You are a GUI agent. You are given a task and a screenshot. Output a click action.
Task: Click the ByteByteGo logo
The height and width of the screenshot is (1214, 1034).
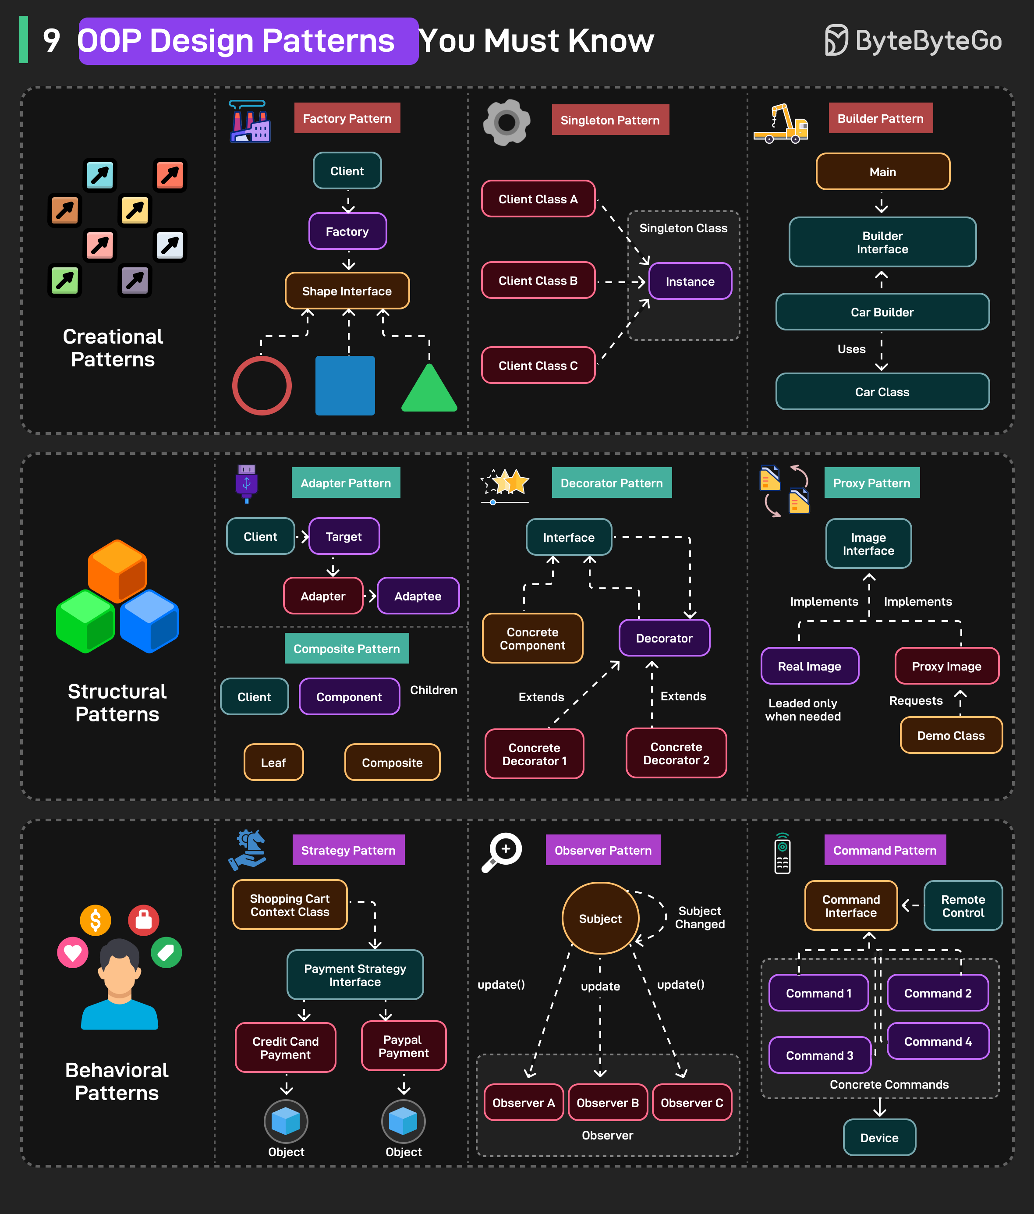(913, 40)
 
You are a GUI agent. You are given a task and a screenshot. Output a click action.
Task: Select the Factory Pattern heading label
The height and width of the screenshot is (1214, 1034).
(347, 118)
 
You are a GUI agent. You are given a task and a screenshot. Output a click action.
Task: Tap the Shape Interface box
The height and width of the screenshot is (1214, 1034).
(347, 291)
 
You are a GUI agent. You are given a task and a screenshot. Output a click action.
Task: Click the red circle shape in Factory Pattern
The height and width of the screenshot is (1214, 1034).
(262, 386)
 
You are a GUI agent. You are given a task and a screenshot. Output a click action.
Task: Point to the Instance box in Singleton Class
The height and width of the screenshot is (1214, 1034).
(690, 281)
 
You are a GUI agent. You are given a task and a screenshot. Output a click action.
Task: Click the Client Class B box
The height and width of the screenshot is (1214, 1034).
(538, 280)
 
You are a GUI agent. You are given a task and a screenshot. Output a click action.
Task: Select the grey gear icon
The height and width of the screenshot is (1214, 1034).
(507, 122)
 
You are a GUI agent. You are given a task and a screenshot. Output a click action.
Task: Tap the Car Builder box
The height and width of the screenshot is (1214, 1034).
(882, 312)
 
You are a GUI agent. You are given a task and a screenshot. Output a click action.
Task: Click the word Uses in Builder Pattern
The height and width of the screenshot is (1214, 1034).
(851, 349)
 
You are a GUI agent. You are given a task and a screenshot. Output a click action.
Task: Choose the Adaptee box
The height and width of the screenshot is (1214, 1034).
(418, 596)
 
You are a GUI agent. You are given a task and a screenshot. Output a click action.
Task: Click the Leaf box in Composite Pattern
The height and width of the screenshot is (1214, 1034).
(273, 762)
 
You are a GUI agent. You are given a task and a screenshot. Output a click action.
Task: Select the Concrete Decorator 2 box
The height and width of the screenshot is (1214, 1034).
(676, 753)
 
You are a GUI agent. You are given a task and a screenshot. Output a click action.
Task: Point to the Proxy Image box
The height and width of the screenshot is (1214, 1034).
(946, 666)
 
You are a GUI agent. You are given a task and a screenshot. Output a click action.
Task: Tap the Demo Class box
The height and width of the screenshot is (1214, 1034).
(950, 735)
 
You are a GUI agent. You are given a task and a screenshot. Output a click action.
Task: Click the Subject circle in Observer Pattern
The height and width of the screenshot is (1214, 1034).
(600, 918)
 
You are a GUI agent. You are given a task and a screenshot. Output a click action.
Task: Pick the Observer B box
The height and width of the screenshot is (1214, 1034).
(608, 1103)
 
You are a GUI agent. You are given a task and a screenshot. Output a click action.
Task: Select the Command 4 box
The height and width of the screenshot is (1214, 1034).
(937, 1041)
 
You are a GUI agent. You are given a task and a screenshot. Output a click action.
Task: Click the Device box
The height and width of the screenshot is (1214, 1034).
(879, 1138)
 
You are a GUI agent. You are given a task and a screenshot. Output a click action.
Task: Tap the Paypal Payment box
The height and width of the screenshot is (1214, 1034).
(403, 1047)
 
